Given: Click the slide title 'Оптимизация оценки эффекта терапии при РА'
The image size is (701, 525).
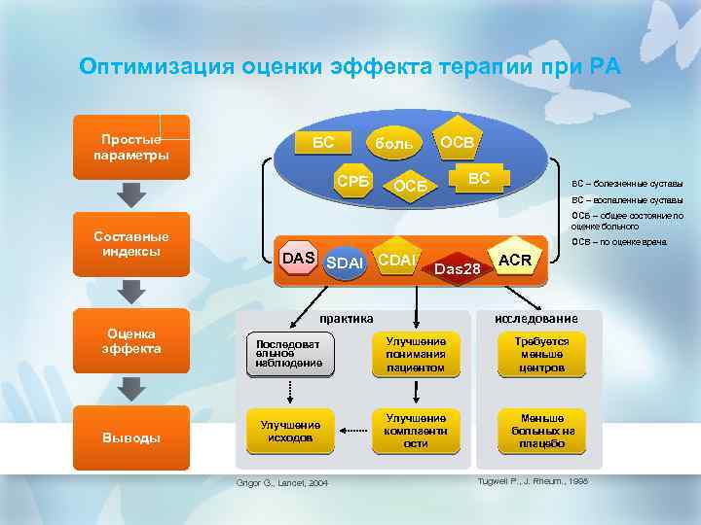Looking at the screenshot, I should pyautogui.click(x=350, y=67).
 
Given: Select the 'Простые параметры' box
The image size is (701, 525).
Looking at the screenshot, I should pyautogui.click(x=131, y=147).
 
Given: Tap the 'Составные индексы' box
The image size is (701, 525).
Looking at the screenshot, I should pyautogui.click(x=131, y=244).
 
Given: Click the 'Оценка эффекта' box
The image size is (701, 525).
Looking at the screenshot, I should pyautogui.click(x=131, y=341).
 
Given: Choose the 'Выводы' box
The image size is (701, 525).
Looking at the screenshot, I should pyautogui.click(x=131, y=437).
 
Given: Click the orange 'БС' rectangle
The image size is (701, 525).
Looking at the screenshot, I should pyautogui.click(x=322, y=143).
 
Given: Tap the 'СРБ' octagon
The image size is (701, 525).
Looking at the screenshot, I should pyautogui.click(x=351, y=181).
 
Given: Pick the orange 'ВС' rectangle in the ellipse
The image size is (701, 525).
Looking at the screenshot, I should pyautogui.click(x=478, y=179).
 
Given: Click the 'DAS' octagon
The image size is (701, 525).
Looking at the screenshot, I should pyautogui.click(x=298, y=257).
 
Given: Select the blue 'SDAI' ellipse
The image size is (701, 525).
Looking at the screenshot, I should pyautogui.click(x=345, y=263).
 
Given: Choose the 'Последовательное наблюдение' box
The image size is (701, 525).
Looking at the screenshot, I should pyautogui.click(x=289, y=354).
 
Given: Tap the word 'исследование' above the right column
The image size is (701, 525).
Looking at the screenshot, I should pyautogui.click(x=535, y=319).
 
